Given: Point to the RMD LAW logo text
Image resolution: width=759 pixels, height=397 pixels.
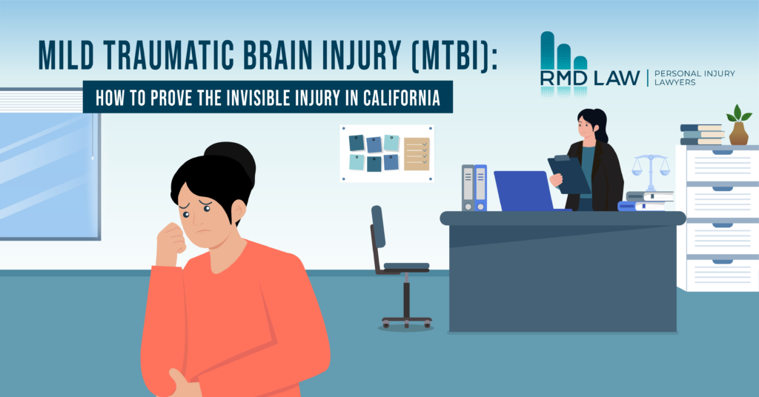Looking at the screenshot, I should pyautogui.click(x=590, y=78).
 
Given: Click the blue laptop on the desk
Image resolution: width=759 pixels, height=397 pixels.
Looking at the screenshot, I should pyautogui.click(x=524, y=191).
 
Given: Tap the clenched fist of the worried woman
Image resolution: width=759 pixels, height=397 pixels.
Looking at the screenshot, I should pyautogui.click(x=171, y=241).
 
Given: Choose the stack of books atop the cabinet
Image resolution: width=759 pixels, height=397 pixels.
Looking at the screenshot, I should pyautogui.click(x=701, y=134).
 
